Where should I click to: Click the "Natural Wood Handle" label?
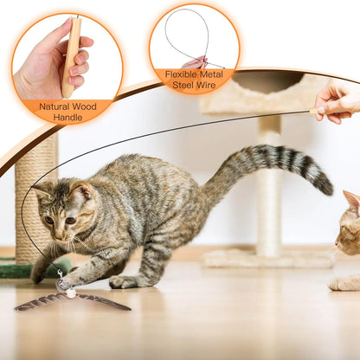point(67,111)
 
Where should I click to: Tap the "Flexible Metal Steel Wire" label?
point(193,80)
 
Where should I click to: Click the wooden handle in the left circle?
point(71,56)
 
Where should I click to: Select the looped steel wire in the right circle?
point(185,35)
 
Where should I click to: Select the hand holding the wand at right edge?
point(338,101)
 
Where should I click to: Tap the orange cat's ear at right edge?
point(351,201)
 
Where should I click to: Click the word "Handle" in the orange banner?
point(67,117)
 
